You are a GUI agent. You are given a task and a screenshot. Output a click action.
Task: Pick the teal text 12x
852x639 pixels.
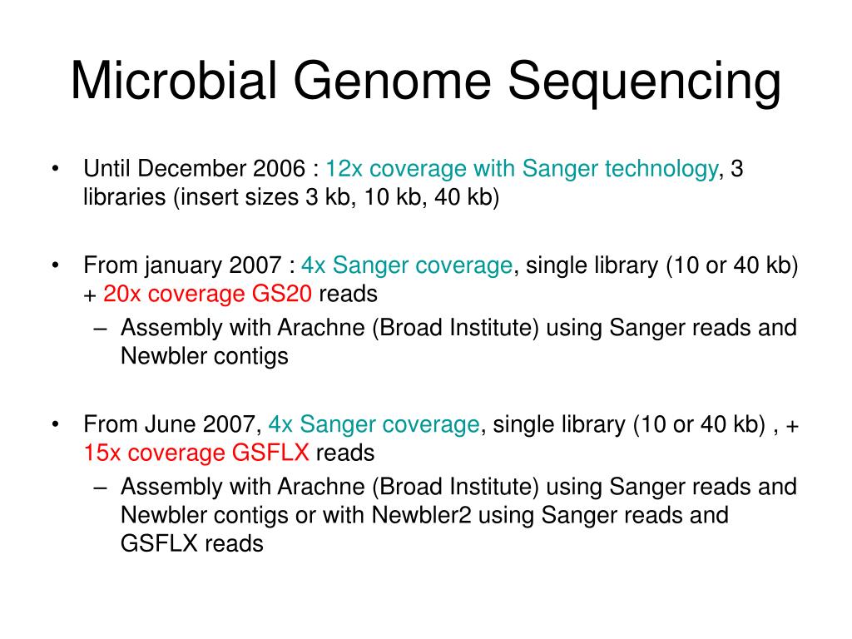click(x=344, y=170)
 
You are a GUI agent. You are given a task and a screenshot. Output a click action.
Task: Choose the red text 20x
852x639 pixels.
click(x=121, y=295)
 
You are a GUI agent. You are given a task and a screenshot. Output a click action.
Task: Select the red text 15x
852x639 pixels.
click(x=100, y=453)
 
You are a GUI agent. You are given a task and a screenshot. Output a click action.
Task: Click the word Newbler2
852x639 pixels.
click(x=421, y=515)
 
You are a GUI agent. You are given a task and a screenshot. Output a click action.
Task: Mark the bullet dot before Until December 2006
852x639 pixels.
click(x=54, y=171)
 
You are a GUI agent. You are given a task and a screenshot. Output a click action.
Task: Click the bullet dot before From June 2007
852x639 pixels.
click(x=54, y=424)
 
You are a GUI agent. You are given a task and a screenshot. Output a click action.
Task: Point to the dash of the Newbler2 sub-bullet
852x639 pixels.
click(x=101, y=486)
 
